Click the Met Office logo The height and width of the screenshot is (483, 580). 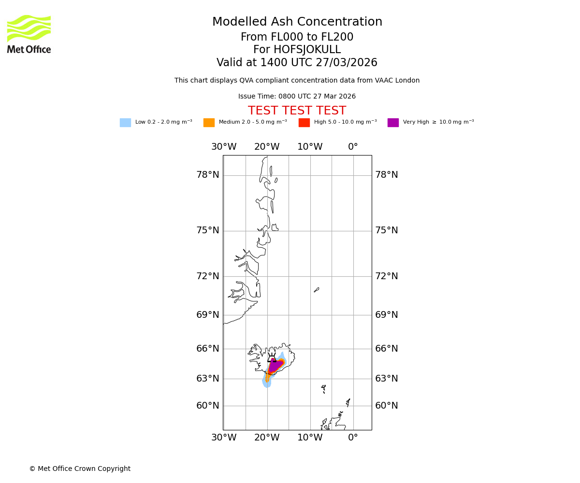[29, 34]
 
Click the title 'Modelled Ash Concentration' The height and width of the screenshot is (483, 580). [297, 22]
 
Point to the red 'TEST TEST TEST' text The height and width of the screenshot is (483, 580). [297, 111]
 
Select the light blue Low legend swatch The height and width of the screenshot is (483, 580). [125, 123]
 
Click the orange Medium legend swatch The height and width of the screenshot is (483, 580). [209, 123]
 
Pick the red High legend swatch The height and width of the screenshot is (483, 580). [304, 123]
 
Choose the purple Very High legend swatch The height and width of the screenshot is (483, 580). [393, 123]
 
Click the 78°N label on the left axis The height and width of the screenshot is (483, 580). [207, 175]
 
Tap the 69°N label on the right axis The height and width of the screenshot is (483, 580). [387, 315]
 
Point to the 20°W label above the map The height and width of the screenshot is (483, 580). [267, 147]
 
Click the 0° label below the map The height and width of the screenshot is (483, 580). [353, 438]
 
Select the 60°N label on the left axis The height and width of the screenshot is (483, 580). [207, 406]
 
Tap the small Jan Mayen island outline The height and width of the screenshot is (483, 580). [317, 290]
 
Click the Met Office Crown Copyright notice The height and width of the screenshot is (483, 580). [80, 469]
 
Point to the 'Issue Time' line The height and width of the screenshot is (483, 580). [297, 97]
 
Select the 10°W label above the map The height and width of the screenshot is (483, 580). [310, 147]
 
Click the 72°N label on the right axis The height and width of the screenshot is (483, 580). [387, 276]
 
